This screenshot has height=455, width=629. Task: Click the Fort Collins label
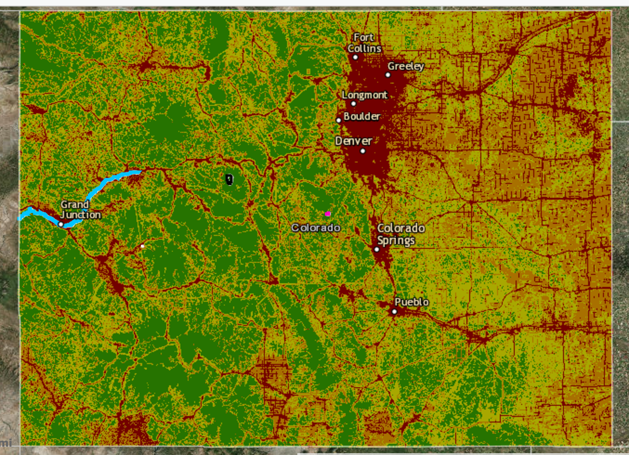pyautogui.click(x=364, y=43)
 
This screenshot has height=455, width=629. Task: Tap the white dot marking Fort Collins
pyautogui.click(x=355, y=58)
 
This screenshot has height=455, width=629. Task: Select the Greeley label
pyautogui.click(x=406, y=66)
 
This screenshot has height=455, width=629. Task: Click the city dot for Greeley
pyautogui.click(x=388, y=75)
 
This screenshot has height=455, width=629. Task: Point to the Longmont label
pyautogui.click(x=365, y=95)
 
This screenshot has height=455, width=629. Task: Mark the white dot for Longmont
pyautogui.click(x=354, y=104)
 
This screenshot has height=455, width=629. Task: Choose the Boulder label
pyautogui.click(x=362, y=116)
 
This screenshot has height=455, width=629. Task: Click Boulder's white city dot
pyautogui.click(x=339, y=120)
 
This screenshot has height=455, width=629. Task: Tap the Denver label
pyautogui.click(x=354, y=141)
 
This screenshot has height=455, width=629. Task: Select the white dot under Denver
pyautogui.click(x=363, y=151)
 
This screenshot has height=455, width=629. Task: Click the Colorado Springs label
pyautogui.click(x=400, y=234)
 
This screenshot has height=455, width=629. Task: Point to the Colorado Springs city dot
pyautogui.click(x=377, y=249)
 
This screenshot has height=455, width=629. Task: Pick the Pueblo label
pyautogui.click(x=412, y=302)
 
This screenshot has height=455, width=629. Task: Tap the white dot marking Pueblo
pyautogui.click(x=394, y=312)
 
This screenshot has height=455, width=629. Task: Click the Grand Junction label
pyautogui.click(x=80, y=209)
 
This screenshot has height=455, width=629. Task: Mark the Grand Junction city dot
pyautogui.click(x=61, y=224)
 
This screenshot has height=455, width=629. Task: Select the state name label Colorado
pyautogui.click(x=316, y=227)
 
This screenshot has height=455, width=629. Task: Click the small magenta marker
pyautogui.click(x=328, y=214)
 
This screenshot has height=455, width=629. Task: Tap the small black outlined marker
pyautogui.click(x=229, y=179)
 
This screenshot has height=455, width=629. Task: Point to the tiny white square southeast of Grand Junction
pyautogui.click(x=142, y=246)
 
